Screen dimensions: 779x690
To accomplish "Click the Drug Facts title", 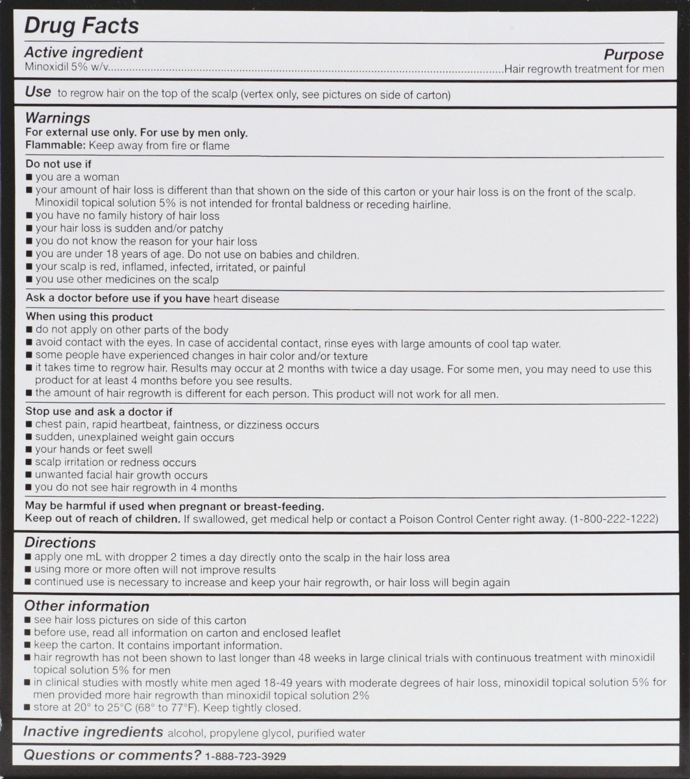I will pyautogui.click(x=81, y=26).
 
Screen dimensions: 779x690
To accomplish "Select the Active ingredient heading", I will pyautogui.click(x=83, y=53).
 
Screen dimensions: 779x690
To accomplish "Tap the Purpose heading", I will pyautogui.click(x=634, y=55).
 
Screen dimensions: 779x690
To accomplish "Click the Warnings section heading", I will pyautogui.click(x=57, y=118).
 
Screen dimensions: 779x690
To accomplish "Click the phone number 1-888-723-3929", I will pyautogui.click(x=245, y=756).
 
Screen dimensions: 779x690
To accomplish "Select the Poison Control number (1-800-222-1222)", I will pyautogui.click(x=613, y=519).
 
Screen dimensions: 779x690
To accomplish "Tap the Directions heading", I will pyautogui.click(x=60, y=543).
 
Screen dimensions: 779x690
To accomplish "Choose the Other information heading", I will pyautogui.click(x=86, y=606).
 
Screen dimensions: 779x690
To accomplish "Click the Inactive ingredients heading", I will pyautogui.click(x=93, y=732).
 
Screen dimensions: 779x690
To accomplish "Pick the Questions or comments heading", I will pyautogui.click(x=112, y=755).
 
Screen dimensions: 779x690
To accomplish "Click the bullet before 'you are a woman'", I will pyautogui.click(x=29, y=177).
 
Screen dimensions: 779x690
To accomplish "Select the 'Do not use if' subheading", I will pyautogui.click(x=58, y=164).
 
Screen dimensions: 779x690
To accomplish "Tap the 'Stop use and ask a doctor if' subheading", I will pyautogui.click(x=99, y=412).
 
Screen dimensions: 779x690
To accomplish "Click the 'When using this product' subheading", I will pyautogui.click(x=89, y=317).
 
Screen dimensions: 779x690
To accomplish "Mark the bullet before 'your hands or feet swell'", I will pyautogui.click(x=29, y=450).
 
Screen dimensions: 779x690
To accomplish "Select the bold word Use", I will pyautogui.click(x=38, y=92).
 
